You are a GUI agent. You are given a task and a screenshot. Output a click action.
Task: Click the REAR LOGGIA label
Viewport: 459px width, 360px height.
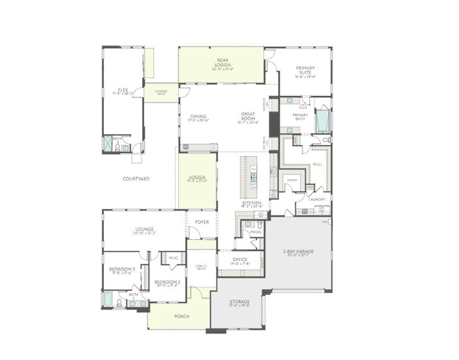click(x=222, y=63)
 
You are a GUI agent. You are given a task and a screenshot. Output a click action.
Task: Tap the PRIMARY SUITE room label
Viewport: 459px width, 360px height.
click(x=305, y=70)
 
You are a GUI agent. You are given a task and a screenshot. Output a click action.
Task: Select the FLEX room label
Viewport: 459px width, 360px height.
click(x=123, y=90)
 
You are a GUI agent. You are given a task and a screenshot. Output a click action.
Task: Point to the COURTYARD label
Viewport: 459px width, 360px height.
click(x=136, y=179)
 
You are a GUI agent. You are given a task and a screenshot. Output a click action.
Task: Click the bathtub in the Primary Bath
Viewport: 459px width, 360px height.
click(x=323, y=122)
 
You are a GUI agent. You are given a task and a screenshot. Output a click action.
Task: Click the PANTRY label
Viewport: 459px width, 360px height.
click(x=292, y=180)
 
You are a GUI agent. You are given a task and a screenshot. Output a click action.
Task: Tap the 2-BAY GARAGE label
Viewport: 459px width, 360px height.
click(x=298, y=251)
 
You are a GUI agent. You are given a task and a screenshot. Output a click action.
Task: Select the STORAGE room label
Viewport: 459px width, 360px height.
click(x=240, y=302)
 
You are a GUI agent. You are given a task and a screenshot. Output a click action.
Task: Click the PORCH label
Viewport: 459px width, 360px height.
click(x=181, y=316)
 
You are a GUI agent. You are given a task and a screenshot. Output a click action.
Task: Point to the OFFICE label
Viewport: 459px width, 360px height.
click(x=240, y=259)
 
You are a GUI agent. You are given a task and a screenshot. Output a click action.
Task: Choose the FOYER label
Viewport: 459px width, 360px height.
click(x=202, y=222)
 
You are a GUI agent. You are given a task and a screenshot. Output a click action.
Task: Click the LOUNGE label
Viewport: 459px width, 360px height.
click(x=144, y=229)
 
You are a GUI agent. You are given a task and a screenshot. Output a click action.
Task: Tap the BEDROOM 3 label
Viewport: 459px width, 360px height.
click(x=122, y=269)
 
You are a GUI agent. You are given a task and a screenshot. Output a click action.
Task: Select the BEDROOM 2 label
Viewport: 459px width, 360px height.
click(x=167, y=282)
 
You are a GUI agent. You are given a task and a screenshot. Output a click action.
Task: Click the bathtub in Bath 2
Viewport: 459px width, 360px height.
click(x=108, y=299)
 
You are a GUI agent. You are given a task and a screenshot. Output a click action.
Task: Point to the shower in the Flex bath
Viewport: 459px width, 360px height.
click(x=107, y=143)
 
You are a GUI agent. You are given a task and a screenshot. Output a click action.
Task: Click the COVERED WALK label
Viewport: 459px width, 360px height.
click(x=161, y=93)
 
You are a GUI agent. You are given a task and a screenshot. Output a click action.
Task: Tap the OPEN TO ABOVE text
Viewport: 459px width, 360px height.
click(x=201, y=267)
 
